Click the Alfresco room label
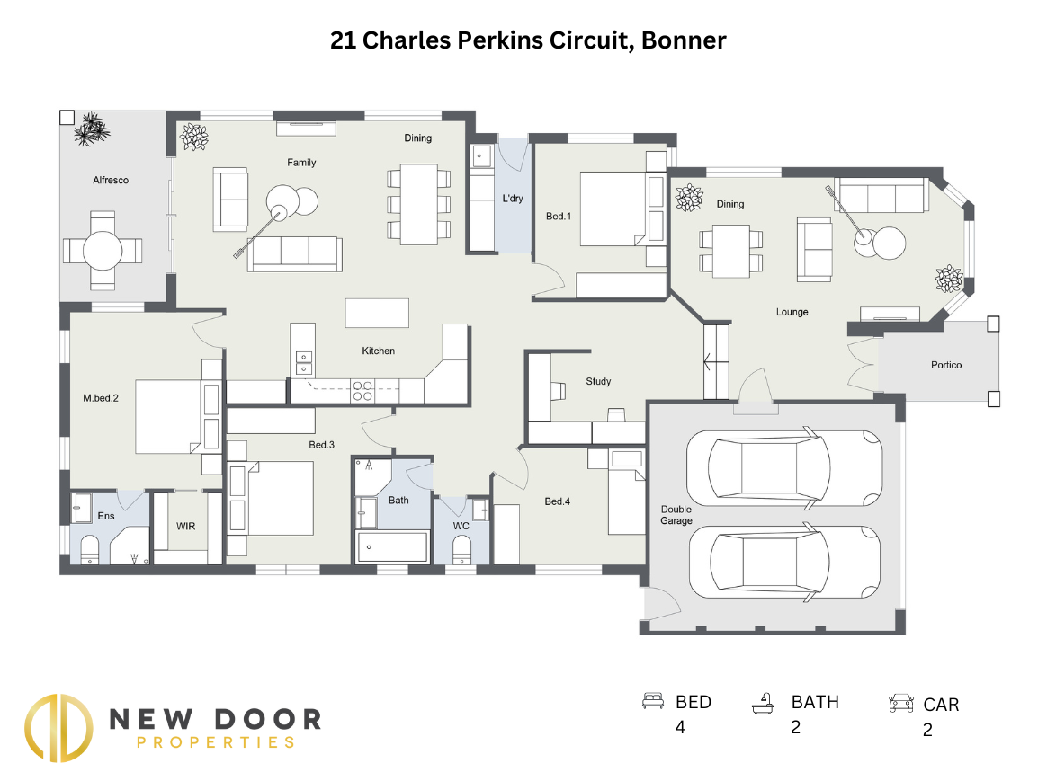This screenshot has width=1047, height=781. click(111, 180)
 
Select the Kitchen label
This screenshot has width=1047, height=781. click(378, 351)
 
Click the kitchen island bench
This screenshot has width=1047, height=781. click(376, 314)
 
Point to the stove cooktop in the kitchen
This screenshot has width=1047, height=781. click(362, 391)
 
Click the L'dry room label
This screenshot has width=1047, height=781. click(512, 199)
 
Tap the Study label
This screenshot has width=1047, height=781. click(598, 381)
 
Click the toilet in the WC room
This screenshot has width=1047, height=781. click(461, 549)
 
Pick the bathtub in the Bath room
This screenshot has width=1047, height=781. click(392, 546)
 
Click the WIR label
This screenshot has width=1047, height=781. click(186, 526)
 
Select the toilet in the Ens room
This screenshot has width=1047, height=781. click(91, 548)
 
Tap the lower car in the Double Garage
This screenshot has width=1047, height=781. click(783, 563)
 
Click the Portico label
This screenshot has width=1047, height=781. click(945, 365)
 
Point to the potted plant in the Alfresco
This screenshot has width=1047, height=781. click(91, 129)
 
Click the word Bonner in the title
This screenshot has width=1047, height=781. click(684, 40)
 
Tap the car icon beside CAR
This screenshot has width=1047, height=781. click(900, 704)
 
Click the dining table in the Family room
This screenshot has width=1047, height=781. click(418, 204)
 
